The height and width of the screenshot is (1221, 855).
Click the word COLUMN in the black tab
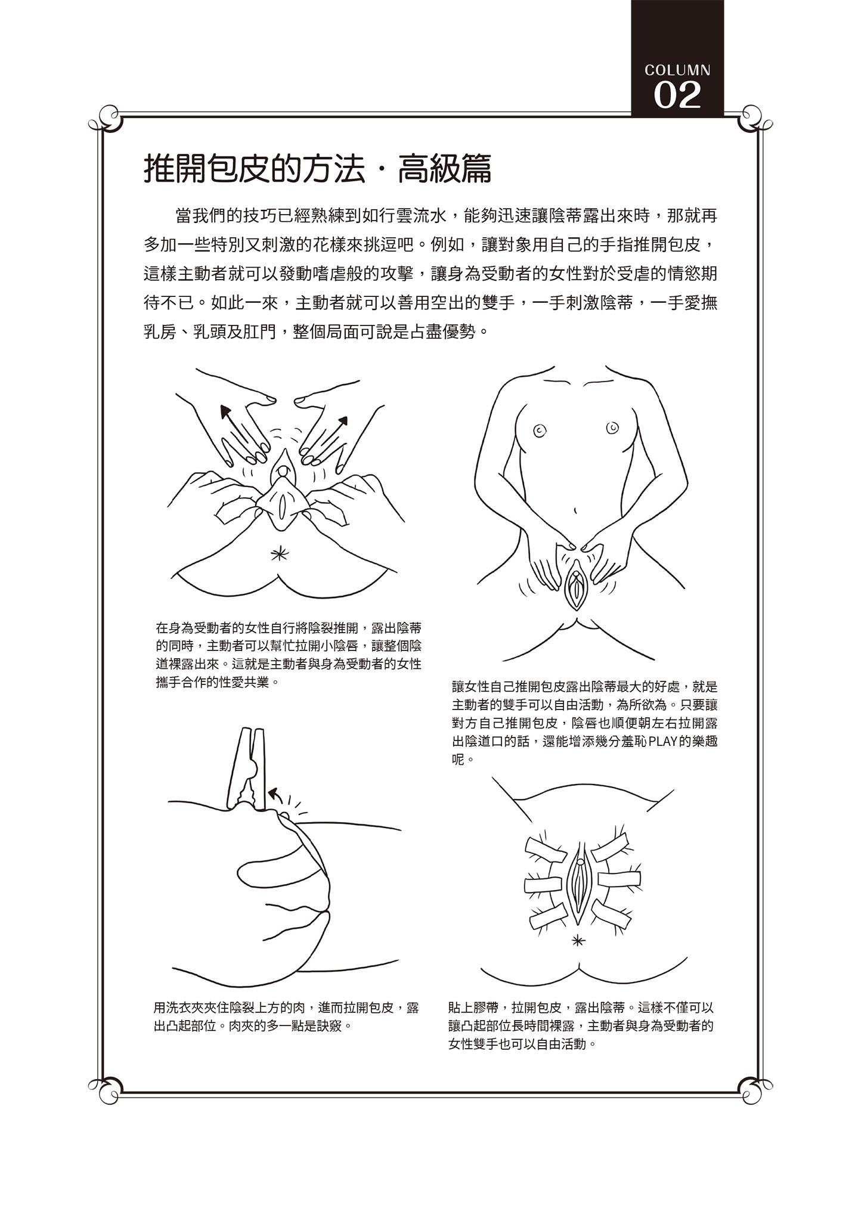pos(677,70)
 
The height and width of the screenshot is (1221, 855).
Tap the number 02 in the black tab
pos(677,95)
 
